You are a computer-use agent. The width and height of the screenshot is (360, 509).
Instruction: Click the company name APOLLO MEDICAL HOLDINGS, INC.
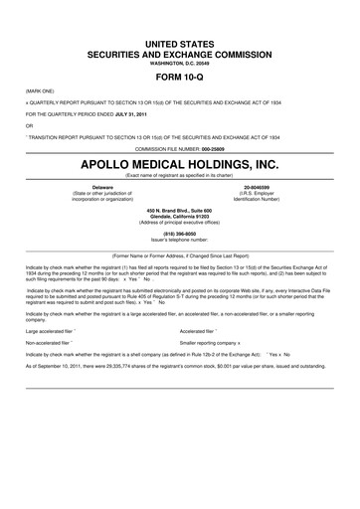(180, 162)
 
